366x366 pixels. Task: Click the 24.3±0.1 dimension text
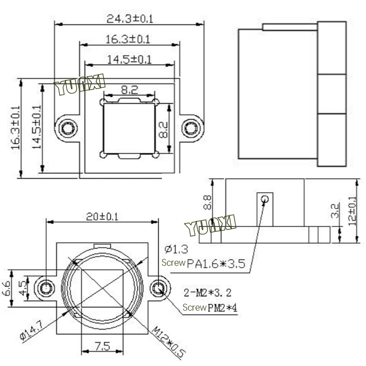(x=130, y=19)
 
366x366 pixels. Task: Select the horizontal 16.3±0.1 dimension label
(x=128, y=39)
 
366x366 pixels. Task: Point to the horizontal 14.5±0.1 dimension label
(x=129, y=59)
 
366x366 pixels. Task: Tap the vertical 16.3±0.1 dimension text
(x=16, y=128)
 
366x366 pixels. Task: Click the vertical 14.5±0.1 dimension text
(x=37, y=127)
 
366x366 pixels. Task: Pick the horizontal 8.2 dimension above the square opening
(x=129, y=90)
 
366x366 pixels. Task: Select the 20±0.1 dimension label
(x=102, y=216)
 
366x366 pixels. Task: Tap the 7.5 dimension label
(x=102, y=346)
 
